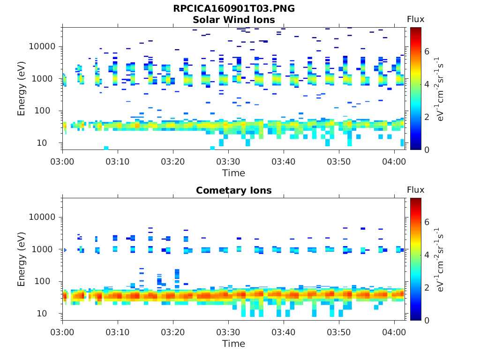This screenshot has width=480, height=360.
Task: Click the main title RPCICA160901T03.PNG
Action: (234, 9)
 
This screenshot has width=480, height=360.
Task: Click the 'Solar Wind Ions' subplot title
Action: (234, 20)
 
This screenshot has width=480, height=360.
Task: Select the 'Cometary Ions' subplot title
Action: (234, 190)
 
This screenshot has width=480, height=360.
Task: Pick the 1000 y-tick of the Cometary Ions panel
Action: (45, 249)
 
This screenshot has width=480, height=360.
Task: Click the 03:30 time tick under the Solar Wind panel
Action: (228, 161)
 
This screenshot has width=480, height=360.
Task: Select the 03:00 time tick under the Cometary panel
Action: (63, 332)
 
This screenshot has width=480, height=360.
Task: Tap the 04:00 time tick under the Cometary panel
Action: (394, 332)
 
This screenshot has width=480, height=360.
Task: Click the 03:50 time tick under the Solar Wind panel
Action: (339, 161)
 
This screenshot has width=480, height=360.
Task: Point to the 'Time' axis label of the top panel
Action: (234, 173)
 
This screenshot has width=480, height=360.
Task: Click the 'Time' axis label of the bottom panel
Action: (234, 344)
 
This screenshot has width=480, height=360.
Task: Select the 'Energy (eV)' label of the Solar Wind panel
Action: (22, 89)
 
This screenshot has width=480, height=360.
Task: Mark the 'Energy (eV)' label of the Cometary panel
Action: (22, 259)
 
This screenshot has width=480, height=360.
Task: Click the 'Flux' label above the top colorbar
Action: (415, 19)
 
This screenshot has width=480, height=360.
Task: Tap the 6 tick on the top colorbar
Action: (427, 51)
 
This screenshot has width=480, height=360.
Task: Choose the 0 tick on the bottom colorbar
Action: (427, 320)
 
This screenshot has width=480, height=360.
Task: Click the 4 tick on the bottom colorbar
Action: (427, 255)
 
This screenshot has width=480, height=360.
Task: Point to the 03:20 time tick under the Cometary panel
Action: (173, 332)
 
